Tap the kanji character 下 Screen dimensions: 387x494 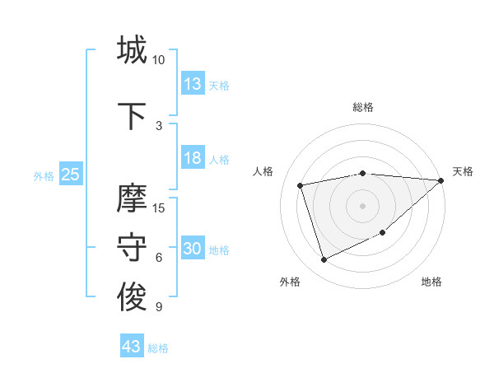point(132,116)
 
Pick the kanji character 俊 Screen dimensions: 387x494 point(132,297)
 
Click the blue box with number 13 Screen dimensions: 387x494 point(193,84)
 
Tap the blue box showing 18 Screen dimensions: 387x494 point(193,158)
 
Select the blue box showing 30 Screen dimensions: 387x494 point(193,249)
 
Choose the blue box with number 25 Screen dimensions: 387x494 point(70,175)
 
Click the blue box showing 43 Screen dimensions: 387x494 point(132,347)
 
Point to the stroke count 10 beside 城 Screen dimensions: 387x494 point(159,60)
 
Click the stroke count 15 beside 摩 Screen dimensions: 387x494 point(159,207)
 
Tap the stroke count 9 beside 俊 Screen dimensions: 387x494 point(159,307)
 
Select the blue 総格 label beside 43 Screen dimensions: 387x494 point(158,348)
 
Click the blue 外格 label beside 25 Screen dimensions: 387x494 point(44,176)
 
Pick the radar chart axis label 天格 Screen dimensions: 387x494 point(463,171)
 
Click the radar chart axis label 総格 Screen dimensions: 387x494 point(363,107)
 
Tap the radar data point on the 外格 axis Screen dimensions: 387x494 point(324,260)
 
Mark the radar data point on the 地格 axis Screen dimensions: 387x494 point(382,232)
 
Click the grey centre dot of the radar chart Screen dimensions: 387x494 point(363,205)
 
